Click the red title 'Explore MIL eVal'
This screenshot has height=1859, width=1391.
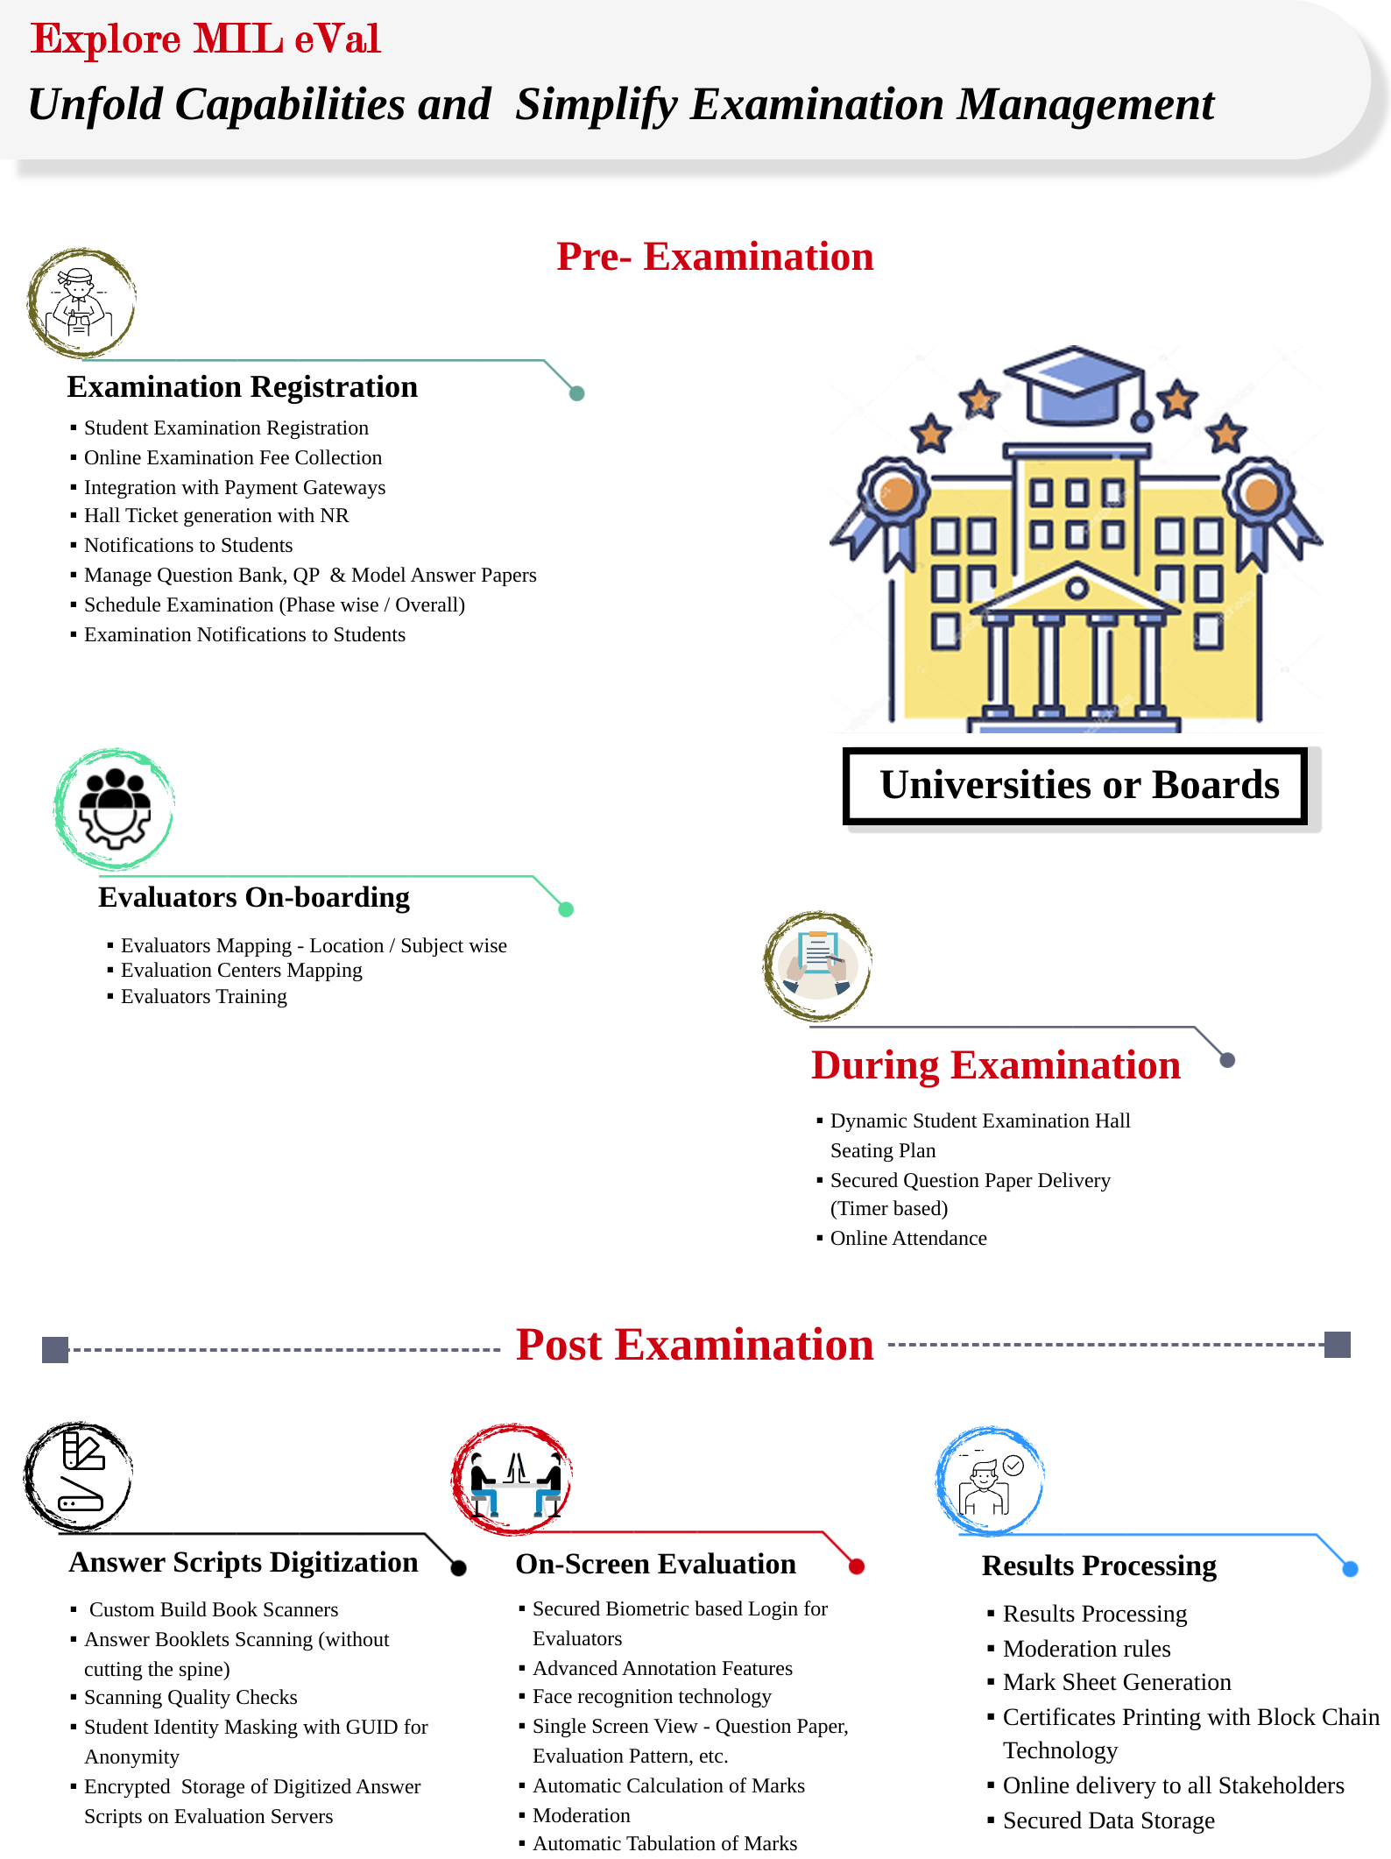pyautogui.click(x=205, y=39)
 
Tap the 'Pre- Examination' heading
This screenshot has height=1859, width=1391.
pyautogui.click(x=715, y=257)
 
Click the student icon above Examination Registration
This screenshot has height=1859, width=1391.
pyautogui.click(x=81, y=303)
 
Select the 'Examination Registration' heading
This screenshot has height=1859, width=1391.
pyautogui.click(x=242, y=387)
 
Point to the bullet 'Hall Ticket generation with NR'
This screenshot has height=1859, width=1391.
pyautogui.click(x=215, y=516)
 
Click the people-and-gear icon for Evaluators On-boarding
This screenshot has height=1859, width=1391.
pyautogui.click(x=114, y=809)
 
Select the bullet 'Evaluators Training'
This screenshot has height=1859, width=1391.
pyautogui.click(x=203, y=997)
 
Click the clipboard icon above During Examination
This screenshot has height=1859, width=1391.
pyautogui.click(x=817, y=965)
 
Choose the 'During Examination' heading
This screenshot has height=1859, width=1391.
pyautogui.click(x=996, y=1066)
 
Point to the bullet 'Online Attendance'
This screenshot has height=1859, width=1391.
pyautogui.click(x=908, y=1239)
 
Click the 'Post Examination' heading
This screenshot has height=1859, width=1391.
pyautogui.click(x=695, y=1346)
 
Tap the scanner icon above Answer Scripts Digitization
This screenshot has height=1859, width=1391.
pyautogui.click(x=79, y=1477)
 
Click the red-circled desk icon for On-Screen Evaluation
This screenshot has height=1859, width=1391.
pyautogui.click(x=512, y=1480)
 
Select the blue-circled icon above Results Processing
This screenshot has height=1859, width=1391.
pyautogui.click(x=990, y=1481)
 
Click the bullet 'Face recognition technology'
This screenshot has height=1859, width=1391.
pyautogui.click(x=652, y=1697)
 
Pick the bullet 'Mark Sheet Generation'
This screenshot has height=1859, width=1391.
pyautogui.click(x=1117, y=1683)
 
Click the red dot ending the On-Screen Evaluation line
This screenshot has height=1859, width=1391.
pyautogui.click(x=857, y=1566)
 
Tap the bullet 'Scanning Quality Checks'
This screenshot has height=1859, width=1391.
pyautogui.click(x=190, y=1698)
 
